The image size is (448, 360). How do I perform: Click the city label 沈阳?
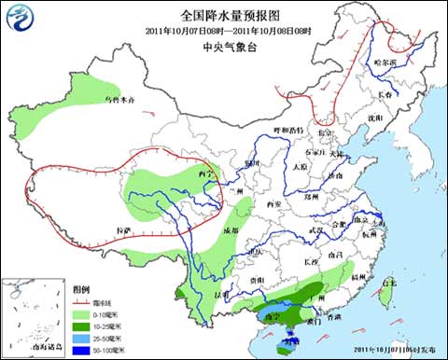click(375, 118)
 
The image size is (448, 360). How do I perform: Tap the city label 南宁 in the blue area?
click(273, 316)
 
